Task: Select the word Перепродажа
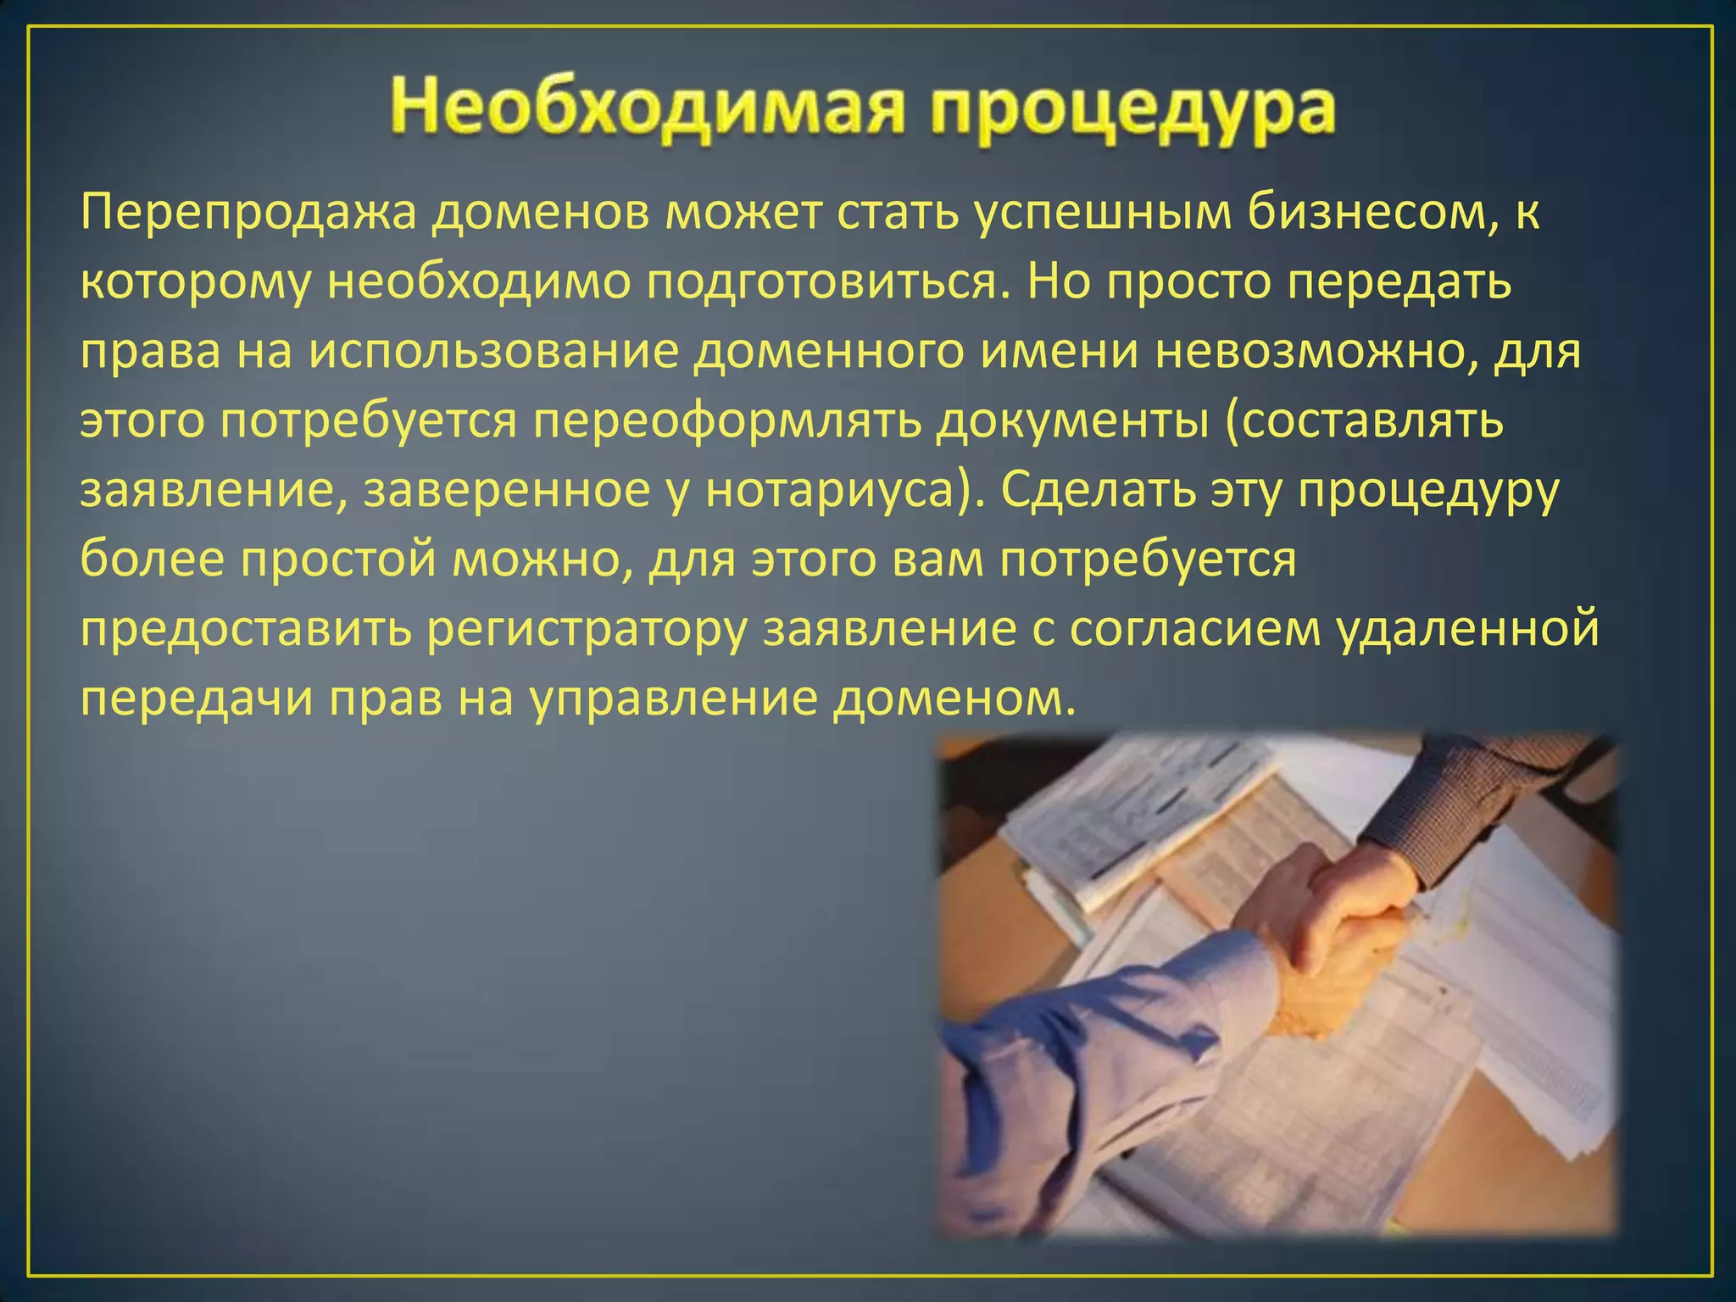249,214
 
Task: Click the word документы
1071,422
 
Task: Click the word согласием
1194,630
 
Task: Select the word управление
674,699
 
